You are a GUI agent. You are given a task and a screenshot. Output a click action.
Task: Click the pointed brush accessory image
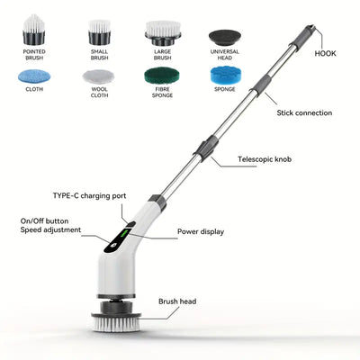click(x=34, y=31)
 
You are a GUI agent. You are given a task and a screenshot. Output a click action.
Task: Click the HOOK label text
click(x=326, y=54)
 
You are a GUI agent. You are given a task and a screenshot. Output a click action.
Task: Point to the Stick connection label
click(x=303, y=113)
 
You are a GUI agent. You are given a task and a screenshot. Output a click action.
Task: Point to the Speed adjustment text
click(x=50, y=229)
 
